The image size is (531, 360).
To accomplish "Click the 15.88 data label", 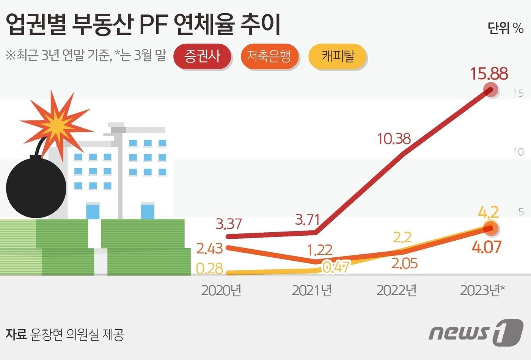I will [x=489, y=73].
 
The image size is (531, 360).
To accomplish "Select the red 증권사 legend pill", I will [x=202, y=56].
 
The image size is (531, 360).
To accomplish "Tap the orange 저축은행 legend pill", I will [x=269, y=56].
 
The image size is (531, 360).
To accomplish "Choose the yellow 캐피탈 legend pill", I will [x=338, y=56].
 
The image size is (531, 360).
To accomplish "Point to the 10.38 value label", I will [x=394, y=139].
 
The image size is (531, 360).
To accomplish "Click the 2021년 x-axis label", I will [x=312, y=290].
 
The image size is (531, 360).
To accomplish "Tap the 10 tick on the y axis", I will [x=518, y=152].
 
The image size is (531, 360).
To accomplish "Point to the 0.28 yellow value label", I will [x=209, y=268].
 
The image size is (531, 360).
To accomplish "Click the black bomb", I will [x=36, y=187].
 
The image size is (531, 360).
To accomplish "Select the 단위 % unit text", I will [x=505, y=28].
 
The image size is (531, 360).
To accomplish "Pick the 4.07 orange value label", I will [x=486, y=247].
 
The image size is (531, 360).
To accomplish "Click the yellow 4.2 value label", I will [x=488, y=212].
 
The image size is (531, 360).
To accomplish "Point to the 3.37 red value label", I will [x=228, y=224].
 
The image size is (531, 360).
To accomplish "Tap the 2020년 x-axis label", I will [x=221, y=290].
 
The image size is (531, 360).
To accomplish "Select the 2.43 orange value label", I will [x=209, y=249].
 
